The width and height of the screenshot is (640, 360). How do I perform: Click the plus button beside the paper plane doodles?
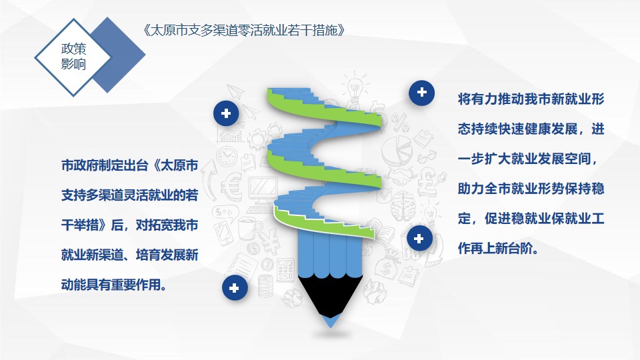[x=226, y=113]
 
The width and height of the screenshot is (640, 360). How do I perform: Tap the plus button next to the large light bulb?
[x=421, y=93]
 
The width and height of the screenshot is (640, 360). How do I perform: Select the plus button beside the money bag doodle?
[x=419, y=239]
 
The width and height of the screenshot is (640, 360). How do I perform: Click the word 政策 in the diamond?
[x=74, y=49]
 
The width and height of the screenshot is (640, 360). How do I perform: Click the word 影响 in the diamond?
[x=74, y=64]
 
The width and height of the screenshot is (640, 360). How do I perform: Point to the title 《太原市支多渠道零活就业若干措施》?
[x=244, y=30]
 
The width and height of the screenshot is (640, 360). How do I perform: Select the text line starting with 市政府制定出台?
[x=130, y=165]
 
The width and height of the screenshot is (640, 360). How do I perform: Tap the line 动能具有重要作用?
[x=114, y=285]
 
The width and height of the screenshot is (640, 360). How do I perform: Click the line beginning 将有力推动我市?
[x=531, y=99]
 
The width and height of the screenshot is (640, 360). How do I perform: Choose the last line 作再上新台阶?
[x=498, y=248]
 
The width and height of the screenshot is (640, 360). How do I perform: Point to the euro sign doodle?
[x=231, y=187]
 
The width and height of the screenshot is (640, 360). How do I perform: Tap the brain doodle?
[x=403, y=205]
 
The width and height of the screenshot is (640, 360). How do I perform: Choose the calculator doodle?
[x=285, y=270]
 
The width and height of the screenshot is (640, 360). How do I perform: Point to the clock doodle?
[x=227, y=156]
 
